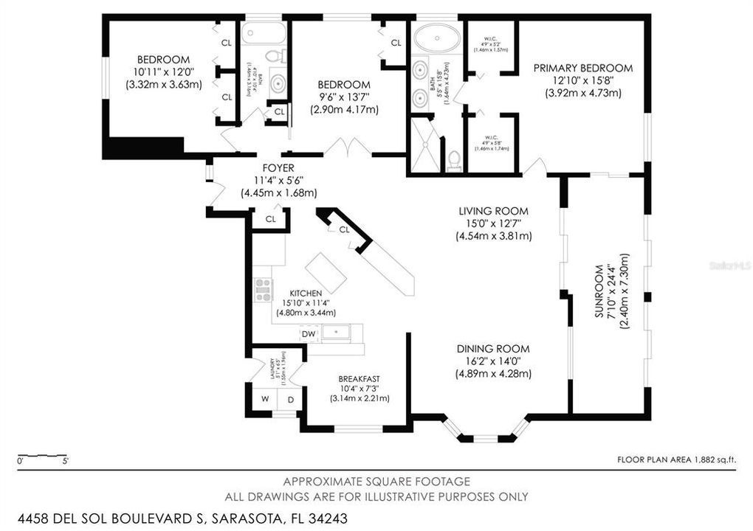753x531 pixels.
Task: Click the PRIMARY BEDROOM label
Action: pos(583,68)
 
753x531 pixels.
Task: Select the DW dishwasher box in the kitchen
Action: pos(309,334)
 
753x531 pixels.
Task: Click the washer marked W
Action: pos(264,400)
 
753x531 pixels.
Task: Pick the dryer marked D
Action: pos(290,400)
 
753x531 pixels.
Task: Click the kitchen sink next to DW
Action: pos(336,333)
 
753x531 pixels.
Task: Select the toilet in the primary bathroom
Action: pos(454,159)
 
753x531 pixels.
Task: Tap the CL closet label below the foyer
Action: pos(271,219)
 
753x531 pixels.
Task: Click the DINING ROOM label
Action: pos(493,349)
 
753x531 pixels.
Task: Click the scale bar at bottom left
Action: pos(42,455)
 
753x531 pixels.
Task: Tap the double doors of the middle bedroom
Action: pos(347,147)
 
